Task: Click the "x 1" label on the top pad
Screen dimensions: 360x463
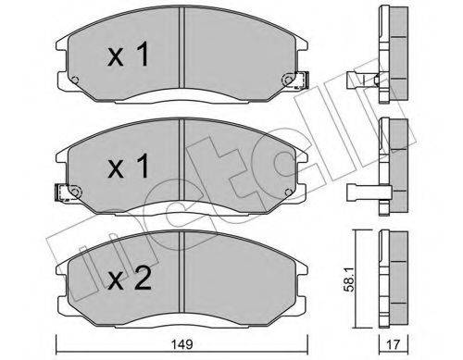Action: [x=130, y=56]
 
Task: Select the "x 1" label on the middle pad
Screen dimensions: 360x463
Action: [x=130, y=167]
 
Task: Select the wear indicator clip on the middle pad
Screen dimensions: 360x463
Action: [x=62, y=193]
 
